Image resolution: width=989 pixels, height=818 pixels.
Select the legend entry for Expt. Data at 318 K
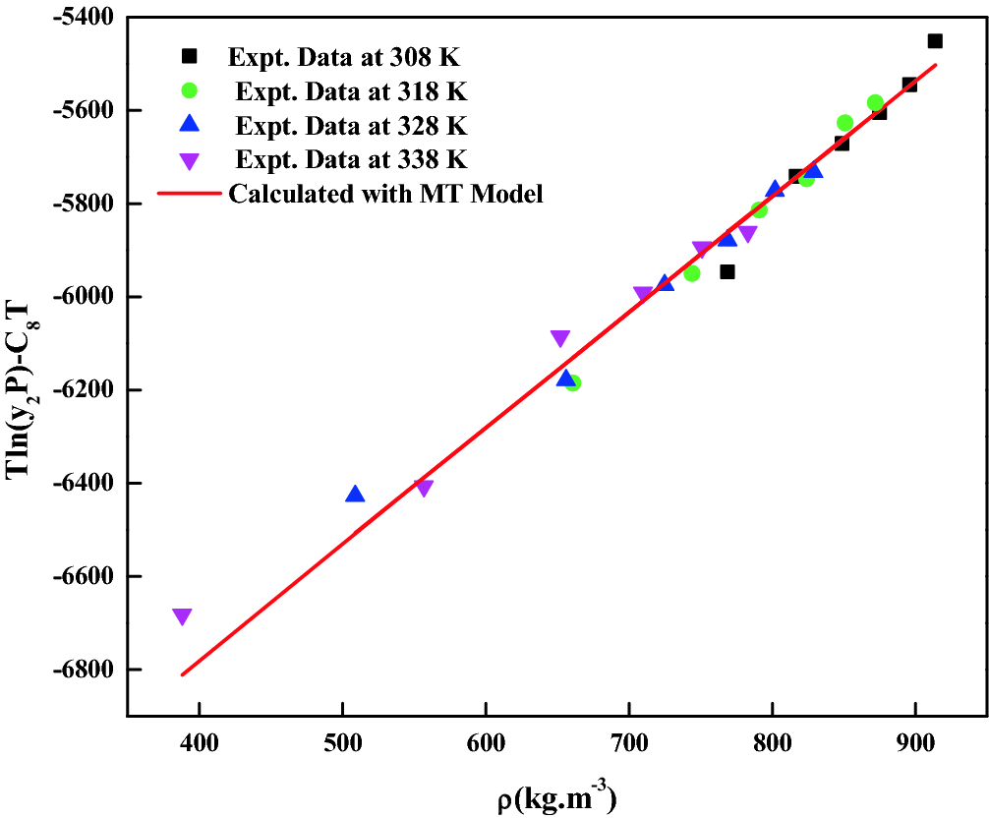349,91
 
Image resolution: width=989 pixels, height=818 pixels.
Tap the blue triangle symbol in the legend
191,125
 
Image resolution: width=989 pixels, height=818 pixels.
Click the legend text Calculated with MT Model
385,193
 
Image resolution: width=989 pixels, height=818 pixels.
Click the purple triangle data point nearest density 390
182,616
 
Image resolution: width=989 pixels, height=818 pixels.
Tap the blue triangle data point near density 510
355,494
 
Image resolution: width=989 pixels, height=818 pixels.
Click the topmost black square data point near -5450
935,40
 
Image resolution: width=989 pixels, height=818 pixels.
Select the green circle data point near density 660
572,382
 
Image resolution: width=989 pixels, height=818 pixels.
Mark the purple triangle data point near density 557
424,488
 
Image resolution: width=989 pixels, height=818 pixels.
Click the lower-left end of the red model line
183,674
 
